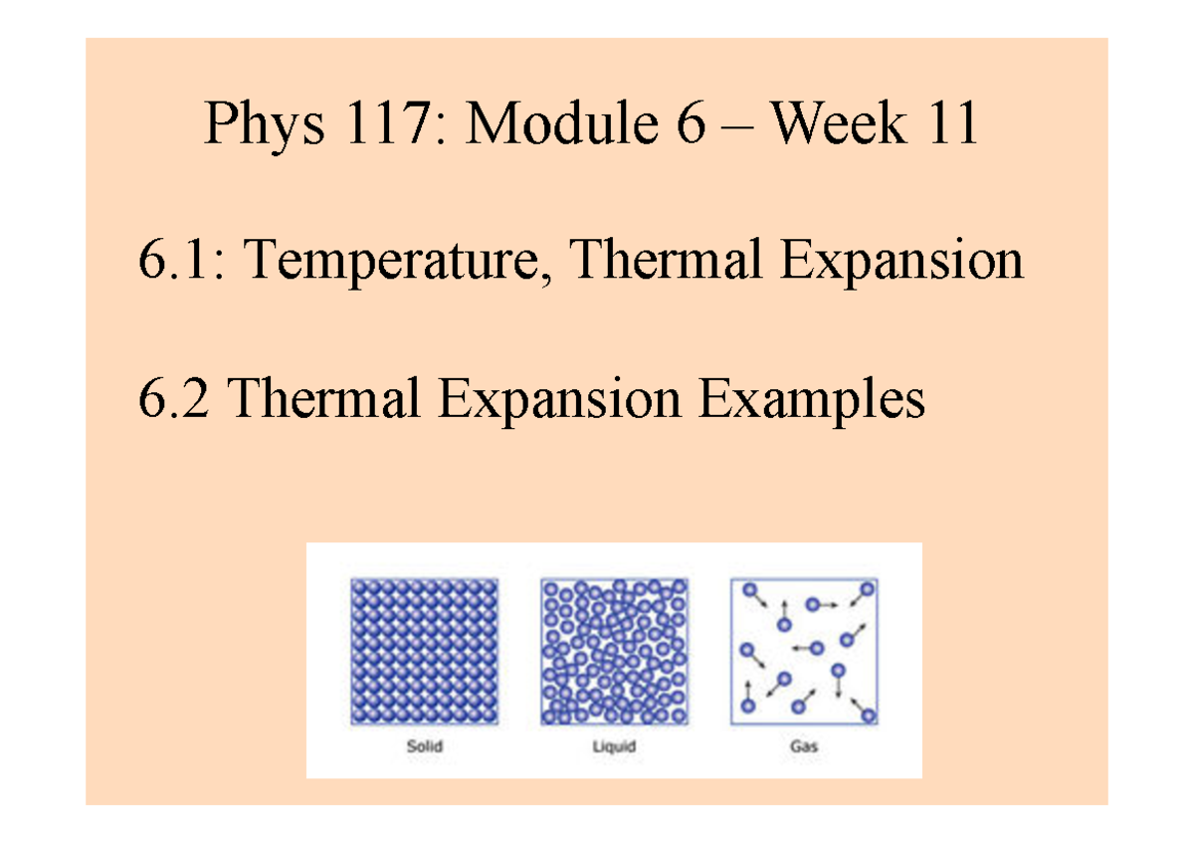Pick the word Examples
click(x=811, y=400)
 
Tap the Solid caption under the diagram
click(x=424, y=744)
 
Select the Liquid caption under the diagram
click(x=614, y=744)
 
